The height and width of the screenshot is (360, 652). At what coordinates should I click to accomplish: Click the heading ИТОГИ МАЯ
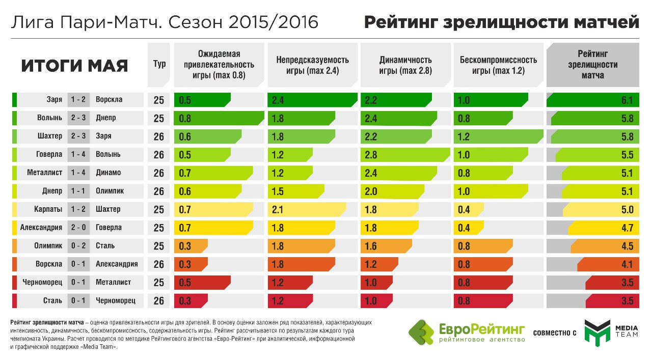pos(74,66)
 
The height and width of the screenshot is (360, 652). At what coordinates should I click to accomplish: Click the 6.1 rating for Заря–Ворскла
pos(627,100)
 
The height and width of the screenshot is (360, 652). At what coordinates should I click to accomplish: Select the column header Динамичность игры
pos(405,65)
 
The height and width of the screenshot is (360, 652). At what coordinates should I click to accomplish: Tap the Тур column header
pos(159,65)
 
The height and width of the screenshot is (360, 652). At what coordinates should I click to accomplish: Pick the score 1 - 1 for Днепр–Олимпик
pos(78,191)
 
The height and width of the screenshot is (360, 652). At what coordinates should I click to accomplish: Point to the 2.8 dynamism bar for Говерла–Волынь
pos(405,155)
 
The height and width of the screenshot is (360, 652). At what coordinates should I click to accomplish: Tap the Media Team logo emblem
pos(596,333)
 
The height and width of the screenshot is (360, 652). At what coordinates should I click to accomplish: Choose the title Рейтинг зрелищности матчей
pos(502,22)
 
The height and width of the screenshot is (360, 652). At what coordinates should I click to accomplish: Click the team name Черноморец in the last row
pos(116,300)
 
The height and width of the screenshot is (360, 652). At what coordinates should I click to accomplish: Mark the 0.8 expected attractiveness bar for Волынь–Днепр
pos(219,119)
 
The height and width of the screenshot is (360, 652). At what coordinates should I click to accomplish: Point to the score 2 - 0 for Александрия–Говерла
pos(78,228)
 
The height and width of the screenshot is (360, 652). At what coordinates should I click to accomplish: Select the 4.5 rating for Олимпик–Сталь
pos(627,246)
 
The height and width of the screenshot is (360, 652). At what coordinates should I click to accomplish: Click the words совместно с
pos(554,333)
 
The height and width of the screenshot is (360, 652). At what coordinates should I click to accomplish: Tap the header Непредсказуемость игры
pos(312,65)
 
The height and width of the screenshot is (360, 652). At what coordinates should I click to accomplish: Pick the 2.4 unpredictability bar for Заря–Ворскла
pos(312,100)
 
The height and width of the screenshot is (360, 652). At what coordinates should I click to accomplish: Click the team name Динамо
pos(108,173)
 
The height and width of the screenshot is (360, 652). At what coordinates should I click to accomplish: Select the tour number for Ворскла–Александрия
pos(159,264)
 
